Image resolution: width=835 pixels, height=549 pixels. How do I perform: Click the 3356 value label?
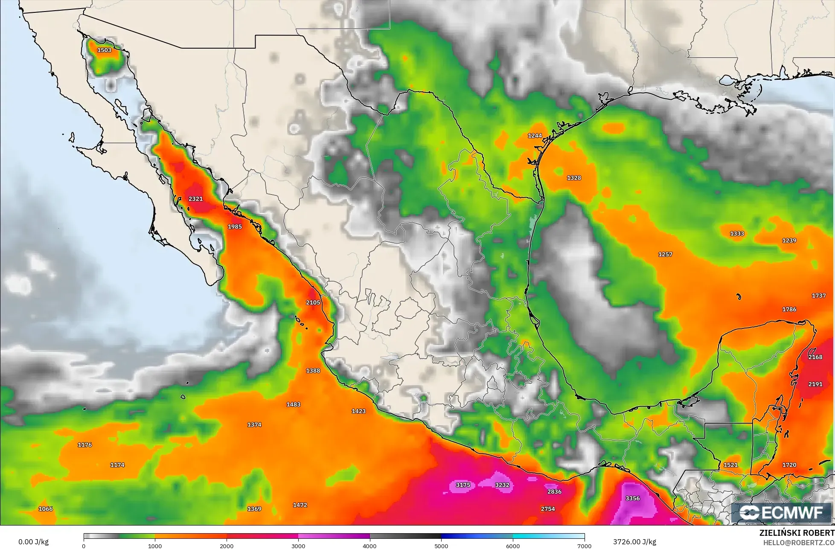click(632, 498)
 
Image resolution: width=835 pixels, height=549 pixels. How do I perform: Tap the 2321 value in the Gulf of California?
click(195, 199)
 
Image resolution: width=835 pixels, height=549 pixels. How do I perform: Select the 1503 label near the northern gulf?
click(104, 50)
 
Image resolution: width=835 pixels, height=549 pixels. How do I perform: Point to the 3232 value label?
click(502, 485)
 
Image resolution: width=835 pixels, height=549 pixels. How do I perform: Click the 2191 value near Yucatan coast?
click(815, 384)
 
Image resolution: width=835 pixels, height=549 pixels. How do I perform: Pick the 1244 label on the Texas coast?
click(535, 136)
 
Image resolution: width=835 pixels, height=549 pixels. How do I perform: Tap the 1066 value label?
click(46, 509)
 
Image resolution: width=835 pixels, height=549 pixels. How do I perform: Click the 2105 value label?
click(313, 302)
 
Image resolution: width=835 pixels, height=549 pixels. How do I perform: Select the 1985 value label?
click(235, 227)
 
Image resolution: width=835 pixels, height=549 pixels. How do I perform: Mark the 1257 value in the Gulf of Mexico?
click(665, 255)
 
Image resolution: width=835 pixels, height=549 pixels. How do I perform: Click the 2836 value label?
click(554, 492)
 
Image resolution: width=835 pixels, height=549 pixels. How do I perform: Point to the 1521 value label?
click(730, 465)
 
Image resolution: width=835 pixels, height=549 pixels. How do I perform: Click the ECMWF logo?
click(782, 513)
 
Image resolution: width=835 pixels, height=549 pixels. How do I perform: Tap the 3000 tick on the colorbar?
click(298, 546)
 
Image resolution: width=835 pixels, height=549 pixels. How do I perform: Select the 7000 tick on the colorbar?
click(584, 546)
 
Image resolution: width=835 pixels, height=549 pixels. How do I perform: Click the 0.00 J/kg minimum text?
click(33, 542)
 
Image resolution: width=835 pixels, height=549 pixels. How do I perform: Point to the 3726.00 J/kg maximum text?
click(635, 542)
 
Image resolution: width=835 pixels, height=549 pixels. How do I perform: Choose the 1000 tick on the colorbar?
click(155, 546)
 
